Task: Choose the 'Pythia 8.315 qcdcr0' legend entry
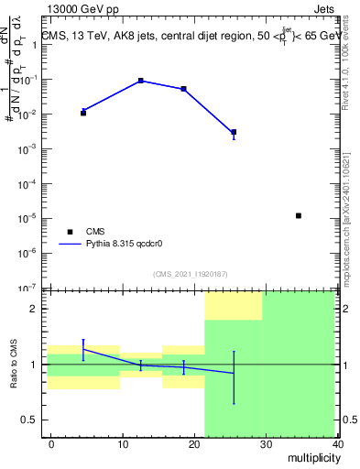(x=119, y=245)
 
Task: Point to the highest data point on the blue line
(x=140, y=81)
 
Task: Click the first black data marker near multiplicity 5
(x=83, y=113)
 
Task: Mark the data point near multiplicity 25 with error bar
(x=234, y=132)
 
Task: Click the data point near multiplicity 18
(x=184, y=89)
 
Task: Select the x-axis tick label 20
(x=194, y=444)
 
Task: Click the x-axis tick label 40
(x=337, y=444)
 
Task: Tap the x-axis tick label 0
(x=51, y=444)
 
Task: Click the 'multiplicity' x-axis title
(x=311, y=456)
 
